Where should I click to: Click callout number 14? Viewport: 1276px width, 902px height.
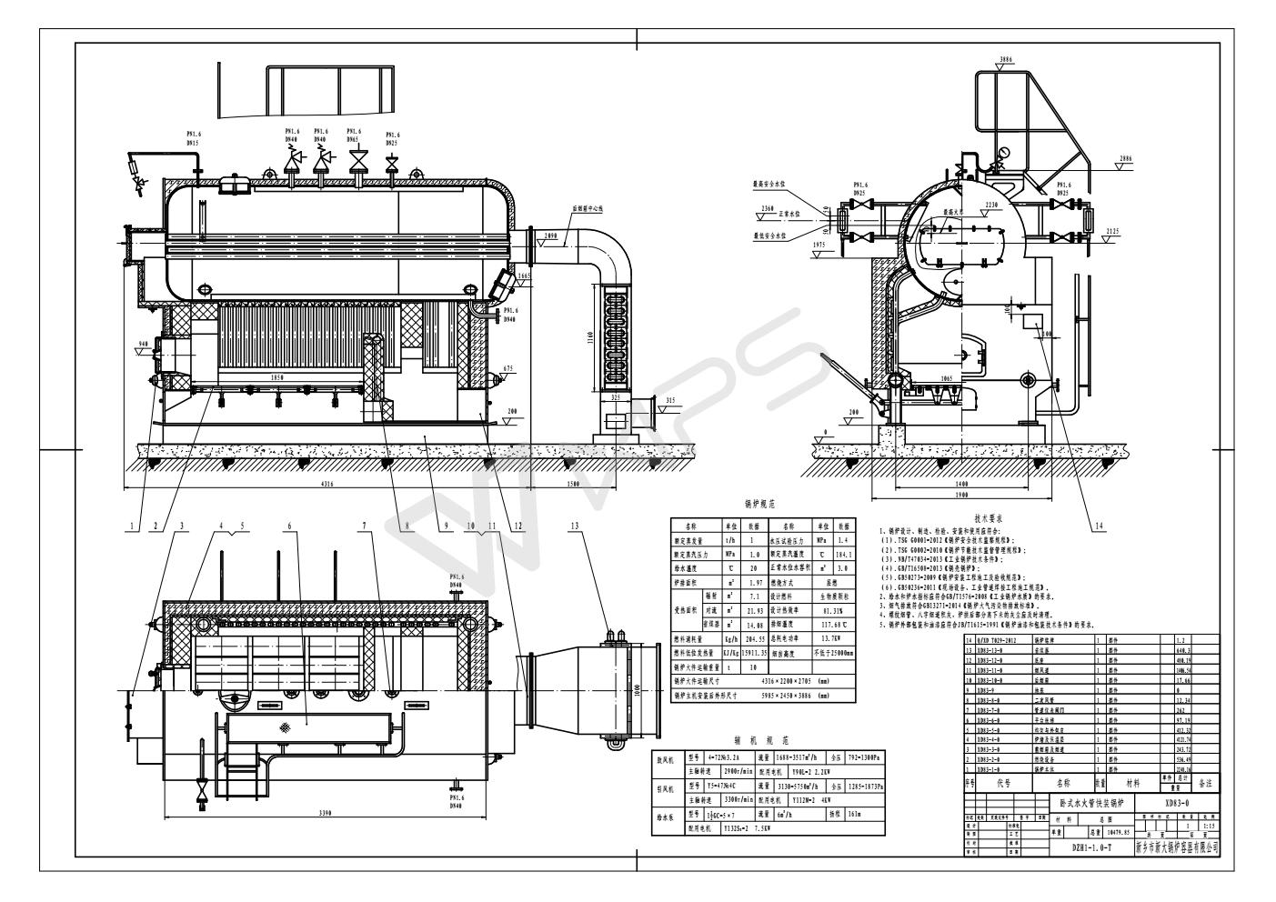(x=1099, y=525)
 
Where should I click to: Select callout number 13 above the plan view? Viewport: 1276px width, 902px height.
(x=574, y=525)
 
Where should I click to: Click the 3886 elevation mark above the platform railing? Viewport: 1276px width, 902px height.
(x=1004, y=60)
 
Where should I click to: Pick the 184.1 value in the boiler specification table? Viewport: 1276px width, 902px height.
(x=845, y=554)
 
